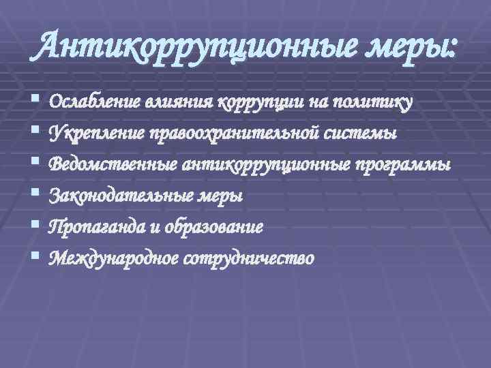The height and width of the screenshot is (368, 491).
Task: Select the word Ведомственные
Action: (x=113, y=165)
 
